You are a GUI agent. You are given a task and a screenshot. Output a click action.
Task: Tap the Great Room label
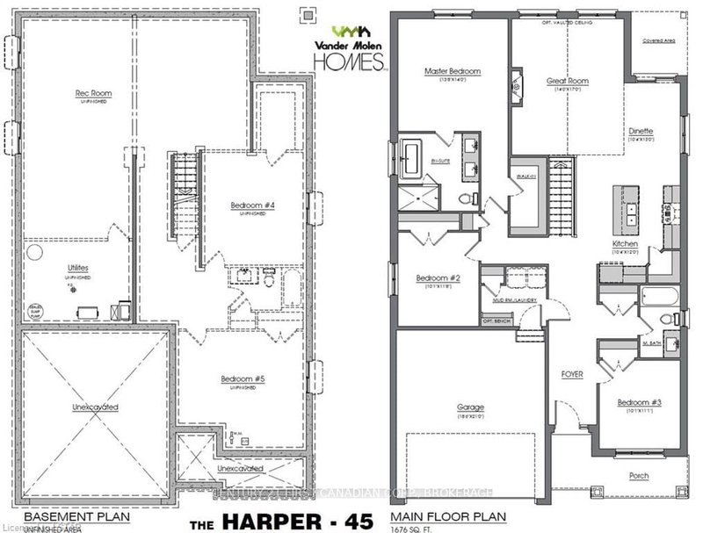[567, 81]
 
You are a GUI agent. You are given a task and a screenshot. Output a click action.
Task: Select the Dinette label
[640, 131]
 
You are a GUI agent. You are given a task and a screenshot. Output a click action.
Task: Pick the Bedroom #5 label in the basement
[243, 380]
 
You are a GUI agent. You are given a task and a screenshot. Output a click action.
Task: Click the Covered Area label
[658, 40]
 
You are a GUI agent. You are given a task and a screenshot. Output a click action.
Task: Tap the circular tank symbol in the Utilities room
[34, 252]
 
